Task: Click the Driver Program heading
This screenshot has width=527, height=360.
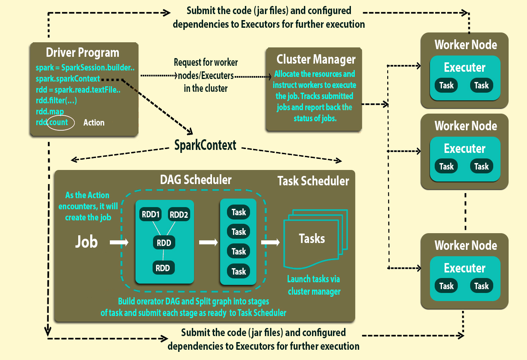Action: click(x=82, y=53)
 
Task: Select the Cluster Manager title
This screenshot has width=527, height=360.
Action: click(x=316, y=59)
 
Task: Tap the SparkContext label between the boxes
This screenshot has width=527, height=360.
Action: click(x=205, y=145)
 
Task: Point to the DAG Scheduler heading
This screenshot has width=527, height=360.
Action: click(x=196, y=180)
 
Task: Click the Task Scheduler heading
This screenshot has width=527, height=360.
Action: click(x=313, y=181)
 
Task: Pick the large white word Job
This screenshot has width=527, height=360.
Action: click(x=87, y=242)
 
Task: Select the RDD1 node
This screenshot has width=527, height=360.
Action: click(x=150, y=215)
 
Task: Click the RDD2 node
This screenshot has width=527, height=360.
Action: click(x=179, y=215)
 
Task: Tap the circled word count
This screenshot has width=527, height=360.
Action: click(x=59, y=123)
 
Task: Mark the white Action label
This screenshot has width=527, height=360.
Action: click(x=94, y=123)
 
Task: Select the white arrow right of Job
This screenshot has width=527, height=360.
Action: click(x=119, y=242)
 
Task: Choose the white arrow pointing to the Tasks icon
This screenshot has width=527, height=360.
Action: click(x=270, y=242)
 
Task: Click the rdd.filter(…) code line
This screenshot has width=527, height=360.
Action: click(x=56, y=101)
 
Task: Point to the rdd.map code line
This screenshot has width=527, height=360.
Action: click(x=50, y=111)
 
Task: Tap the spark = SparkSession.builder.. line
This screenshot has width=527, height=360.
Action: click(x=85, y=68)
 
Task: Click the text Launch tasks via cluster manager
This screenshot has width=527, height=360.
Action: click(x=314, y=286)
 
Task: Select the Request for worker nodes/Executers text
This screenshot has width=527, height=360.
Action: click(x=206, y=76)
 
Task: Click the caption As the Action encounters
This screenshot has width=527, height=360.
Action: click(x=87, y=206)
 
